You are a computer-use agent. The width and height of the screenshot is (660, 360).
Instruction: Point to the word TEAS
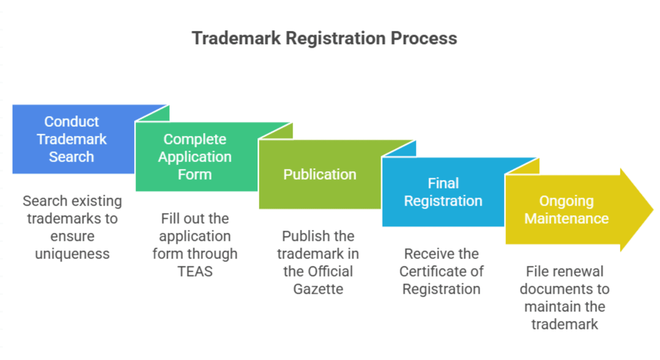pyautogui.click(x=195, y=271)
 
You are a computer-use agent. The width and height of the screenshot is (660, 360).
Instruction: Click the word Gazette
pyautogui.click(x=318, y=289)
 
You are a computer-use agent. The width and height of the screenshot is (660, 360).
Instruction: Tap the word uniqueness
pyautogui.click(x=72, y=254)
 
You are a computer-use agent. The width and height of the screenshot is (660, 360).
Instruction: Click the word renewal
pyautogui.click(x=574, y=271)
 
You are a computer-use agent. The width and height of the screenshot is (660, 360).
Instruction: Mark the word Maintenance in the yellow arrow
pyautogui.click(x=566, y=219)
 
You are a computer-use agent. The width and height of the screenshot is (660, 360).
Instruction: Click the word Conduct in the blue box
pyautogui.click(x=72, y=122)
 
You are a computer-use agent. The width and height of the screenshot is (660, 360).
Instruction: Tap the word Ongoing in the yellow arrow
pyautogui.click(x=566, y=201)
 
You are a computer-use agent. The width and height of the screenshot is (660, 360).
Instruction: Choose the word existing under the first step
pyautogui.click(x=96, y=201)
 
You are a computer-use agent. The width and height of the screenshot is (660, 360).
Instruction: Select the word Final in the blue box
pyautogui.click(x=443, y=183)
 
